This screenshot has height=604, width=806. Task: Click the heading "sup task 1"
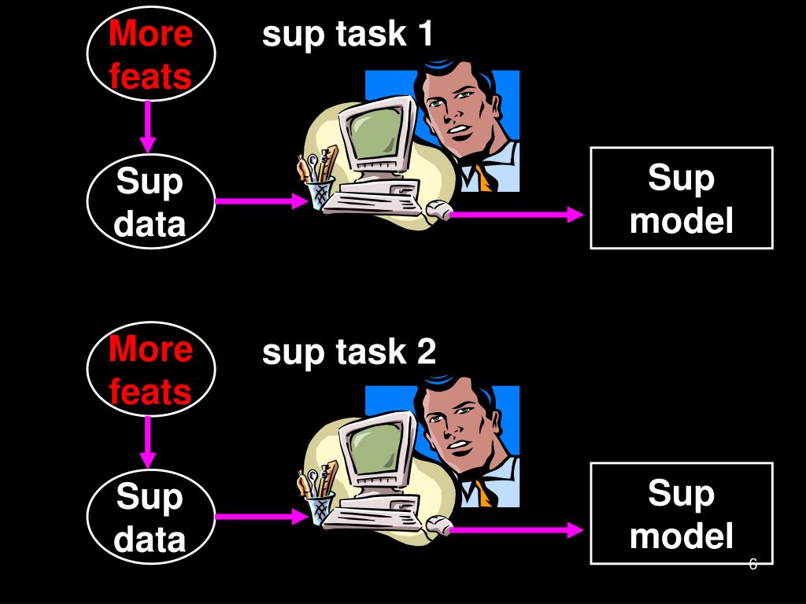(347, 35)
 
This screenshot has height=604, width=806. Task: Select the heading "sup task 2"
(349, 352)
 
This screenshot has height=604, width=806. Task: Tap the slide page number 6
(753, 565)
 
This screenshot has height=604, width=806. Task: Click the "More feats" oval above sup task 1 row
(150, 55)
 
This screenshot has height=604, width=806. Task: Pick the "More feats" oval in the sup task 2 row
(150, 370)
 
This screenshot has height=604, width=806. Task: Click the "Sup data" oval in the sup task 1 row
(150, 203)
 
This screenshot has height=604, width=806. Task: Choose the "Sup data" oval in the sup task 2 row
(150, 517)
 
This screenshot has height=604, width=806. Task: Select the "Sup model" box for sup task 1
(682, 198)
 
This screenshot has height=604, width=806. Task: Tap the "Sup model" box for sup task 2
(682, 514)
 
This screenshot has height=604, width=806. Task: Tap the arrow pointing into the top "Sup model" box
(519, 214)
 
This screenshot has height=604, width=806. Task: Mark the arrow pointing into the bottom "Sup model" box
(519, 531)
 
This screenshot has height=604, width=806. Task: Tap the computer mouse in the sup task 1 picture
(438, 210)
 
